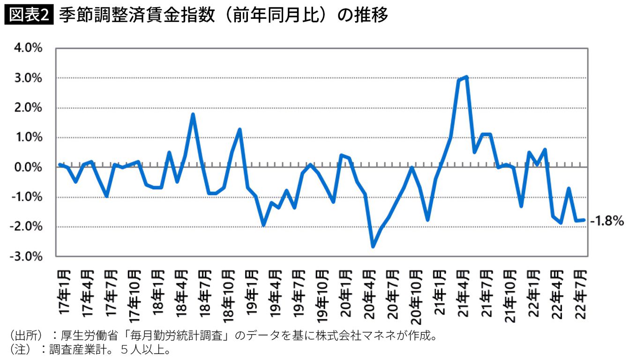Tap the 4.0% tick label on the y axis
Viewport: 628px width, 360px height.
29,48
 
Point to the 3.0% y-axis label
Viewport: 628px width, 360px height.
29,78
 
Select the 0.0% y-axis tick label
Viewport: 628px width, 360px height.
29,167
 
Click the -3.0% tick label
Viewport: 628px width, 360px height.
27,257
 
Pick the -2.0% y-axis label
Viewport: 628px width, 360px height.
27,227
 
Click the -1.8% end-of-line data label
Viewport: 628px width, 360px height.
606,220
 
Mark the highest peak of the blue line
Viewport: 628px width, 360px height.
466,77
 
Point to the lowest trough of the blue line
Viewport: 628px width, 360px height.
373,246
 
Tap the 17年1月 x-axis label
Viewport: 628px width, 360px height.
65,291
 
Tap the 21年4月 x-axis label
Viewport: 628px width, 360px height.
463,291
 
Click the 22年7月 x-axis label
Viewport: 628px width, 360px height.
580,291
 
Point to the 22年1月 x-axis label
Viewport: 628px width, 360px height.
533,291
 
